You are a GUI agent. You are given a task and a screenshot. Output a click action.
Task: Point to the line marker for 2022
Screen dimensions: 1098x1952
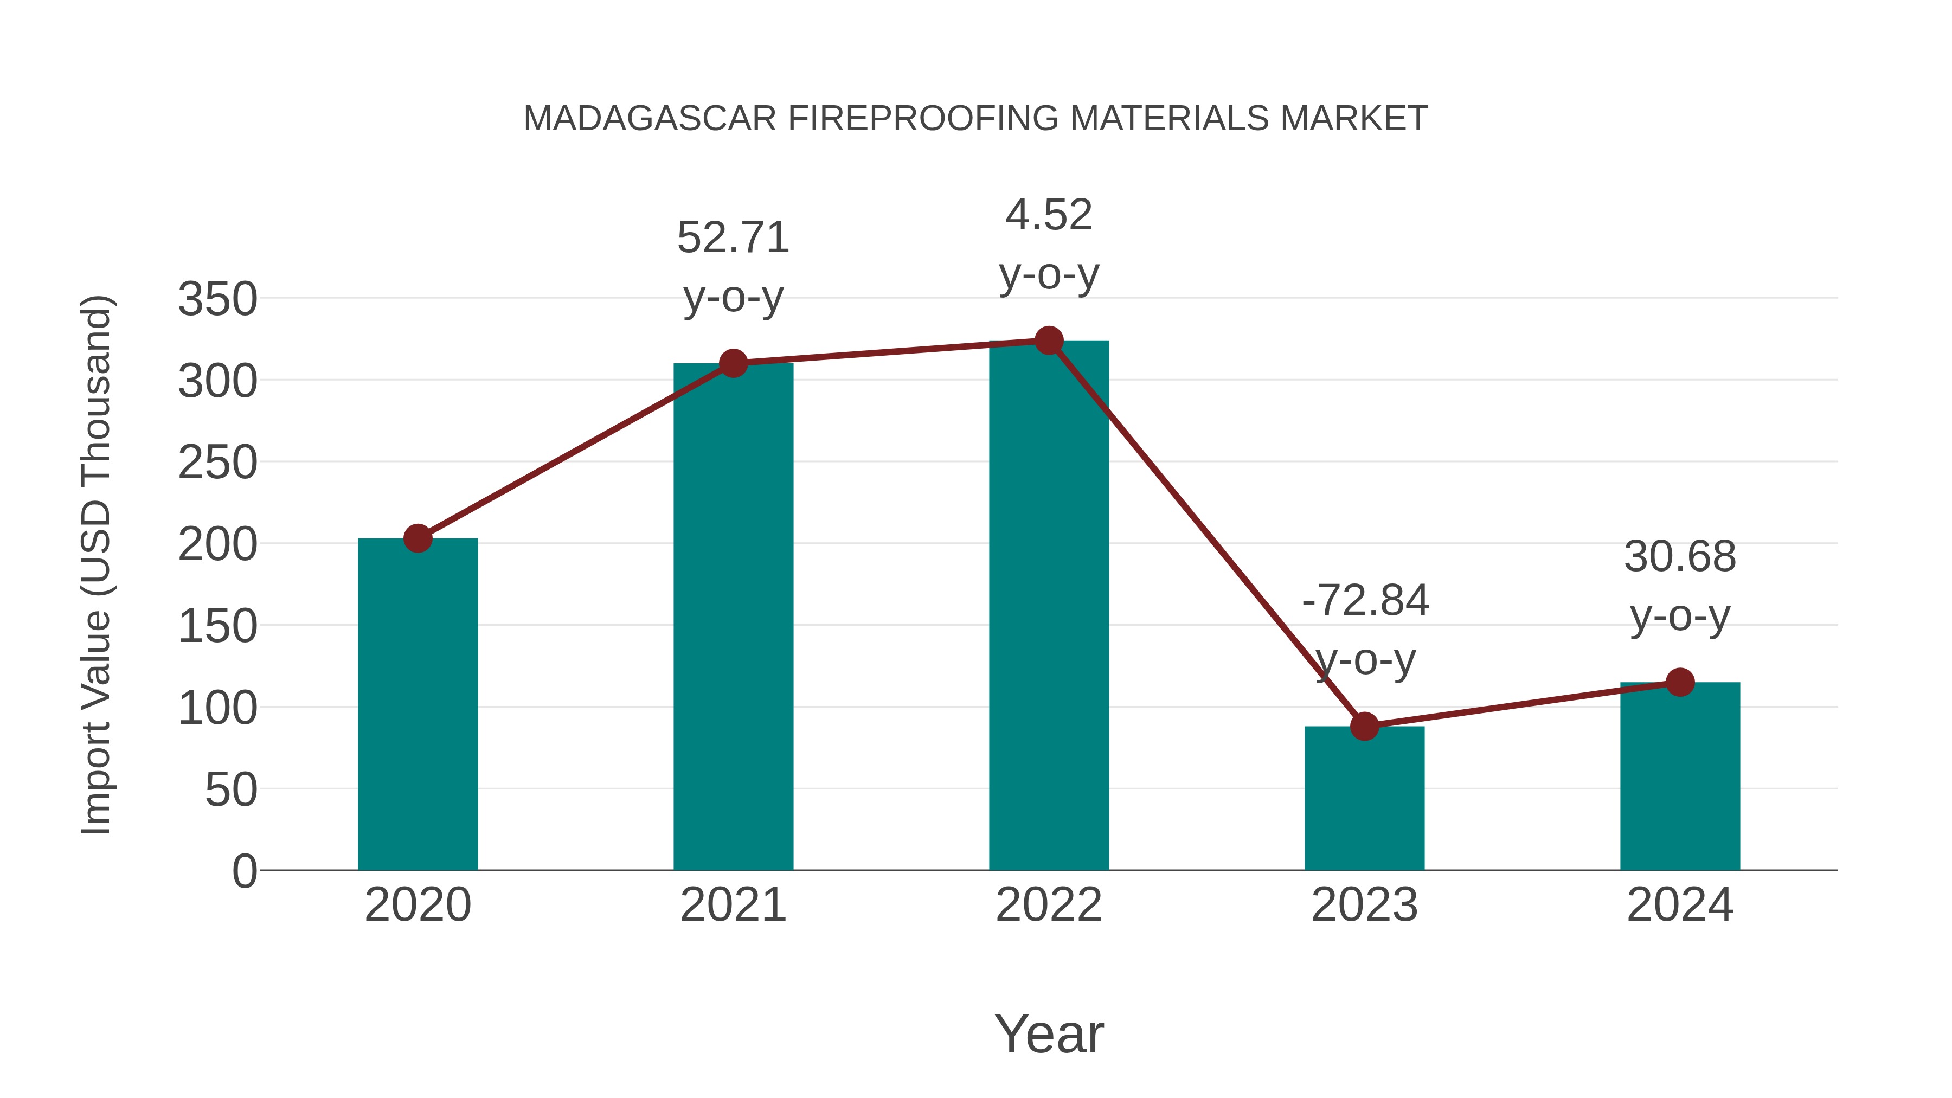coord(1049,341)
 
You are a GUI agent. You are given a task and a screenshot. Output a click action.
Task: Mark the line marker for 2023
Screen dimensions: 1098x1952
coord(1364,726)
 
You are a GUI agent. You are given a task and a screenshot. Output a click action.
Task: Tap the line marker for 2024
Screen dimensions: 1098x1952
coord(1680,682)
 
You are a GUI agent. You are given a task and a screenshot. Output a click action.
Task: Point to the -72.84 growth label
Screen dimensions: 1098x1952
coord(1365,601)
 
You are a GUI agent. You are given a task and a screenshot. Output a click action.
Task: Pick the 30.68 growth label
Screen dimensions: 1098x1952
coord(1680,557)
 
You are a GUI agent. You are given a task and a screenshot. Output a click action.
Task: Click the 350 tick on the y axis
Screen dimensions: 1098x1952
coord(217,299)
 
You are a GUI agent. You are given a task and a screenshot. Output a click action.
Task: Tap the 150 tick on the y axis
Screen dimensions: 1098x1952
coord(217,627)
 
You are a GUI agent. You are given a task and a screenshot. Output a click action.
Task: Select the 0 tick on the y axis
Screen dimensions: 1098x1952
coord(244,871)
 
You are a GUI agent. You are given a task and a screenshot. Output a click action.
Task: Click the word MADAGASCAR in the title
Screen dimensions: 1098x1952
coord(650,119)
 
